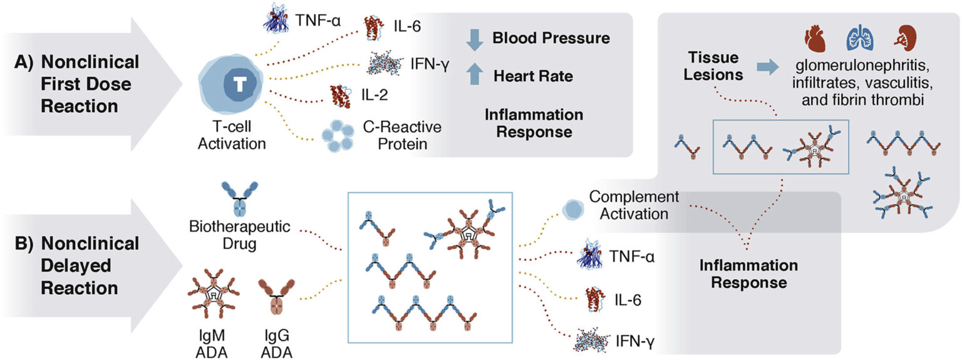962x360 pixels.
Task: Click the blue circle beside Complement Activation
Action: coord(571,210)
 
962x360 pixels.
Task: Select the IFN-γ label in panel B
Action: coord(638,342)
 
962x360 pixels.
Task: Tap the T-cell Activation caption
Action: coord(231,136)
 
